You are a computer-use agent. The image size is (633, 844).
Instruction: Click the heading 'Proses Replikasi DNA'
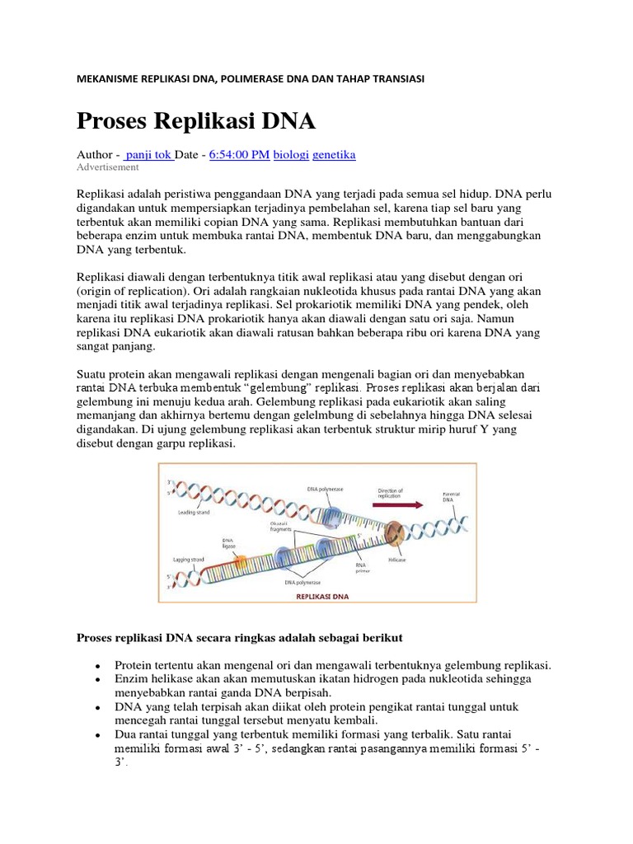[x=195, y=121]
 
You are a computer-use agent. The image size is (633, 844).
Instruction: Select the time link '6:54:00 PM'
[x=239, y=154]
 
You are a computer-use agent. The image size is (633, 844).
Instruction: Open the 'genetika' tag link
[x=334, y=154]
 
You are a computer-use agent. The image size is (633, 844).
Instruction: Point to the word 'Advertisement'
[x=108, y=167]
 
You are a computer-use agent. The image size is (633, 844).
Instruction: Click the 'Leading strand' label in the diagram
[x=195, y=512]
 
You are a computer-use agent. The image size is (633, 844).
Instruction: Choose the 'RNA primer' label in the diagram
[x=363, y=568]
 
